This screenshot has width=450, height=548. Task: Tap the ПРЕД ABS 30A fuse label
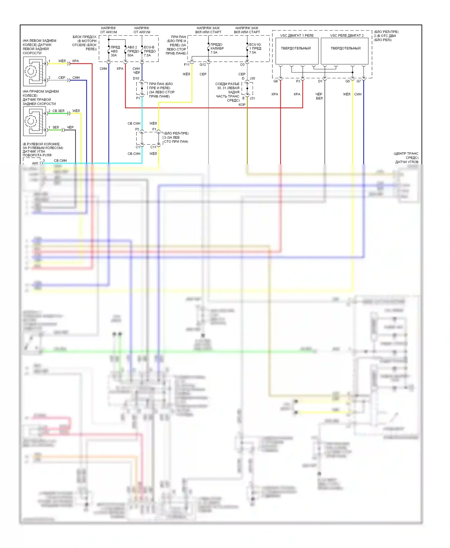tap(115, 51)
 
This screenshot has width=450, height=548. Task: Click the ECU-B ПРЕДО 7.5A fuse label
tap(149, 51)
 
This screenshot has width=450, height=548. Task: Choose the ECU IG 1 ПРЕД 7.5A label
tap(255, 48)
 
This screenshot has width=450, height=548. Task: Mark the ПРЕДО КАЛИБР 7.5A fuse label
tap(217, 48)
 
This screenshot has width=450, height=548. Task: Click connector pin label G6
tap(275, 81)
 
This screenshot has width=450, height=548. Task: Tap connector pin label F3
tap(298, 81)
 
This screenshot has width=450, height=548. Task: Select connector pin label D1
tap(320, 81)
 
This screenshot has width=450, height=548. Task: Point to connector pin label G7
tap(358, 81)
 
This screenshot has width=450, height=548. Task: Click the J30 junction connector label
tap(252, 79)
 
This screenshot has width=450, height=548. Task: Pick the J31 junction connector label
tap(252, 98)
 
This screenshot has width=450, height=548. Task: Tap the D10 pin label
tap(136, 79)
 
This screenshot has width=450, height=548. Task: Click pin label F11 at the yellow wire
tap(187, 65)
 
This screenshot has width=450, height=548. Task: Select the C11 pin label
tap(153, 147)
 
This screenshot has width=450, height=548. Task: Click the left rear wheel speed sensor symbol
tap(34, 72)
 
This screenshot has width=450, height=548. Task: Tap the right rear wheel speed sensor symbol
tap(34, 121)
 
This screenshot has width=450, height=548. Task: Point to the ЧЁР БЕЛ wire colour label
tap(319, 96)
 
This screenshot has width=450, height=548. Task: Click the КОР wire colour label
tap(242, 105)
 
